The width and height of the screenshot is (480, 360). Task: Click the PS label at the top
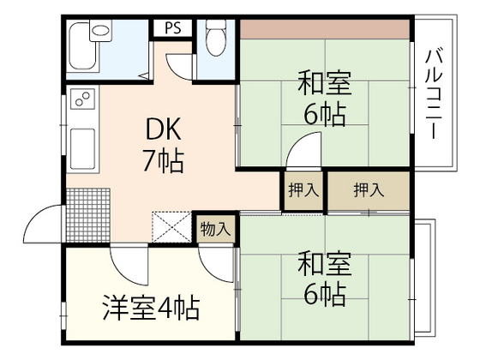pos(172,27)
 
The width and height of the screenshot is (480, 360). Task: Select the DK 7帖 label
pos(161,145)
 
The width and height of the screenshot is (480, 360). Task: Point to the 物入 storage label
pos(215,229)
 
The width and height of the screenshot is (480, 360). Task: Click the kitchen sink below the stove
pos(84,149)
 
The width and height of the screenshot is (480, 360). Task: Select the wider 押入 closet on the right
pos(369,191)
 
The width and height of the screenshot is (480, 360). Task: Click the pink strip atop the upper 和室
pos(327,27)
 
